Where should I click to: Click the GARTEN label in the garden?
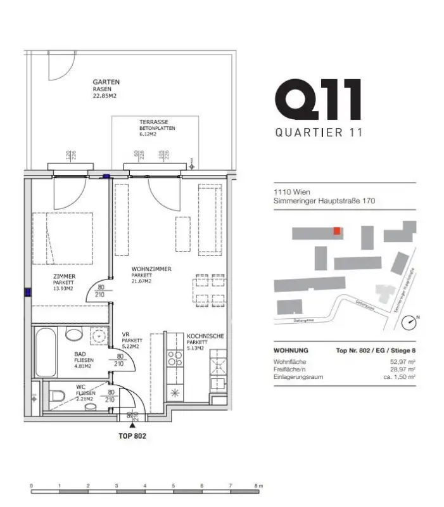tap(106, 82)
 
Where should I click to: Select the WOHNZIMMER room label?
tap(151, 269)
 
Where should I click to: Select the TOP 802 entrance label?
tap(132, 437)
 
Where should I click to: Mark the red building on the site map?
tap(338, 231)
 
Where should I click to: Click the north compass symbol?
tap(410, 323)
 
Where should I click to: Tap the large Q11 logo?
tap(319, 99)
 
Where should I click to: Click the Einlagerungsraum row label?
tap(298, 376)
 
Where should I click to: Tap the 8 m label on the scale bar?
tap(258, 486)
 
